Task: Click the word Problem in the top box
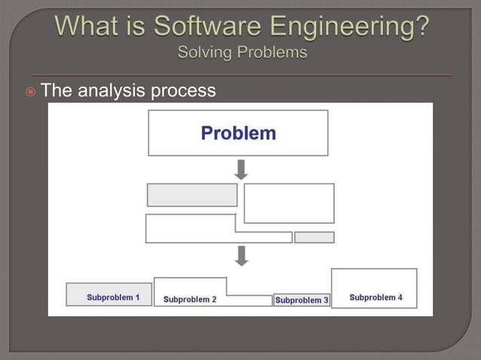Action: point(238,133)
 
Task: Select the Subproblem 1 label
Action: point(113,297)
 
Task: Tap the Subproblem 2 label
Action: point(190,299)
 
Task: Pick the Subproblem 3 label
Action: point(302,300)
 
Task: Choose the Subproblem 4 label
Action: point(375,297)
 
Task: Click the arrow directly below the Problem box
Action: point(241,169)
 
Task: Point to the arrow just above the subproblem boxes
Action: point(241,255)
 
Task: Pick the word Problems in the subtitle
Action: point(272,53)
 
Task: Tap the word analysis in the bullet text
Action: point(112,91)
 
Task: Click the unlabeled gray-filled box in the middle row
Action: point(192,194)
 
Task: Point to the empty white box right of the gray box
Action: point(289,203)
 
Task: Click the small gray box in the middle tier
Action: point(314,237)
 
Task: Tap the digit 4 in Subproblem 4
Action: point(400,297)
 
